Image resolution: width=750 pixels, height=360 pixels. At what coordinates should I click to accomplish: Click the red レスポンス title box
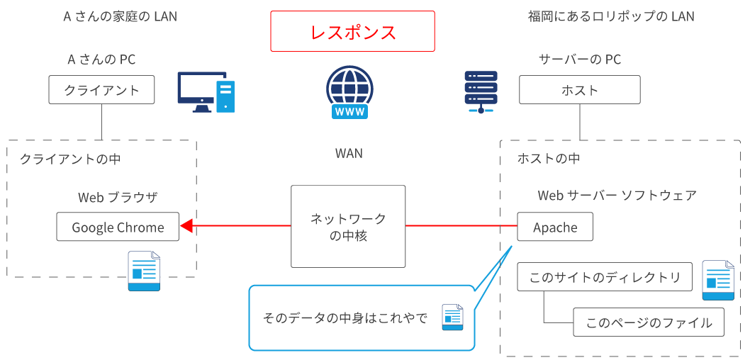tap(352, 32)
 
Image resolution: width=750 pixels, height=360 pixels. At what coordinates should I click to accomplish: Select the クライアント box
tap(102, 90)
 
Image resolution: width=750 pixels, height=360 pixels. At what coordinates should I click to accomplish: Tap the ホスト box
tap(580, 90)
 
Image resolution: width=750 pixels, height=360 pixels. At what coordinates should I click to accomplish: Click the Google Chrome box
tap(118, 227)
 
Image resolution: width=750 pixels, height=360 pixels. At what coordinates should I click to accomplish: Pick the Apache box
tap(555, 227)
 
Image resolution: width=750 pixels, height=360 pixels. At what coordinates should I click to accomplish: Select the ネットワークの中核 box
tap(348, 227)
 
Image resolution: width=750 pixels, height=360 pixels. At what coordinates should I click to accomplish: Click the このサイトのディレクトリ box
tap(605, 277)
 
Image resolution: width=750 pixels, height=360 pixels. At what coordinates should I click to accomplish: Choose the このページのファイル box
tap(649, 322)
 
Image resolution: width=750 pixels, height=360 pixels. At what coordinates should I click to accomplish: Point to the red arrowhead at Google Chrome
tap(187, 226)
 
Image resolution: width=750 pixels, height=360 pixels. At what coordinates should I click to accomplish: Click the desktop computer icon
tap(206, 92)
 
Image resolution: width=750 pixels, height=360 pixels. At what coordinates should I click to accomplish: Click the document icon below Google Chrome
tap(144, 271)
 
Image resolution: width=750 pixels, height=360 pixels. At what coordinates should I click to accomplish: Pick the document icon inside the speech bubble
tap(452, 317)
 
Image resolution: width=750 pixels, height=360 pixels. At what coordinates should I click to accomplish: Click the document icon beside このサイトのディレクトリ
tap(717, 280)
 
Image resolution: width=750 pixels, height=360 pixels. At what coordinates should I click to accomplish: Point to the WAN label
tap(349, 153)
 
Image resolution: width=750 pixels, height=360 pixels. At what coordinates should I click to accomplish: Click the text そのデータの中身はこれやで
tap(345, 318)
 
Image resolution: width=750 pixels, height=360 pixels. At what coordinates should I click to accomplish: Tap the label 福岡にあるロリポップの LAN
tap(611, 16)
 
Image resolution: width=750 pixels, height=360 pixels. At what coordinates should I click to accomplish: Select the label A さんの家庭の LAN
tap(121, 16)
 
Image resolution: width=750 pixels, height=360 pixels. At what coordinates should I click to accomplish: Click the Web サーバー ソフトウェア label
tap(617, 196)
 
